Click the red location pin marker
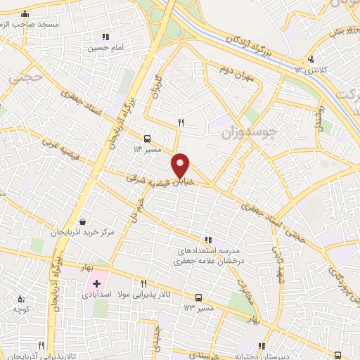[181, 165]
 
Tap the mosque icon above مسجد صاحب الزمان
[26, 13]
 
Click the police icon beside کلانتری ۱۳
[311, 58]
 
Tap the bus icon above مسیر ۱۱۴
[147, 139]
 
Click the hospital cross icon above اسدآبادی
[96, 283]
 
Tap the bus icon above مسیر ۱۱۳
[199, 297]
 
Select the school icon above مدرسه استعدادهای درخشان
[207, 239]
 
